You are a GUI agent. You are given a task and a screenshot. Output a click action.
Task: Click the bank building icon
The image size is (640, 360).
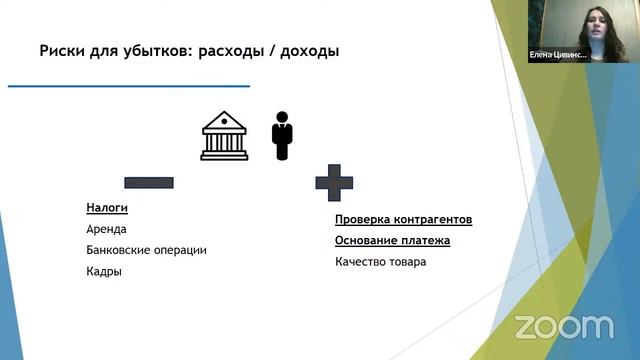[225, 135]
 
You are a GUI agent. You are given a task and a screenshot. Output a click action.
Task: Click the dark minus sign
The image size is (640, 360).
[148, 183]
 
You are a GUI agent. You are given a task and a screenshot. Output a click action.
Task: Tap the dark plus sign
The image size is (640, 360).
[334, 183]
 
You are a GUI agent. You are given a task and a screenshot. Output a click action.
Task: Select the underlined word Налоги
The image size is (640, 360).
[107, 209]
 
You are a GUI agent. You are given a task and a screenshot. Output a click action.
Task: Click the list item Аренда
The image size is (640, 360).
[106, 229]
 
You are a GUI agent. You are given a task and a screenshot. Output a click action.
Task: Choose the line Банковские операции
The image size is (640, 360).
[146, 250]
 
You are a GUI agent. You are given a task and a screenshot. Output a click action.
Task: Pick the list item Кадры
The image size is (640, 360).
[104, 271]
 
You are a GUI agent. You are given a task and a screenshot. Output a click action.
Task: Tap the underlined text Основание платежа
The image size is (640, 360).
[392, 241]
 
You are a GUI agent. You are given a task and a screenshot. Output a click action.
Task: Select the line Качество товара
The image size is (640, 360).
[380, 262]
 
